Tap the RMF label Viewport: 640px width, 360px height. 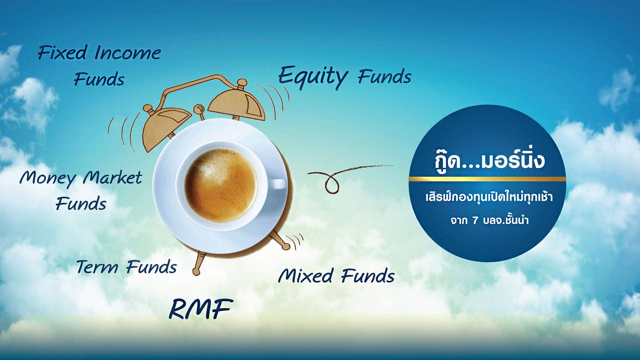pos(201,309)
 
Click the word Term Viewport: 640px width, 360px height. pos(97,267)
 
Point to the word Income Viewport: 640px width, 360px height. pos(128,53)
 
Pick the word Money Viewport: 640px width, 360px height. pos(48,178)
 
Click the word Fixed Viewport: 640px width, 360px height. pos(62,52)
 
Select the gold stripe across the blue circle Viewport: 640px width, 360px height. pos(487,179)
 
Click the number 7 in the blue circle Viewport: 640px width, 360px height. pos(475,220)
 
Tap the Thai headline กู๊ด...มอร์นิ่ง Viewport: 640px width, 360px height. pos(489,160)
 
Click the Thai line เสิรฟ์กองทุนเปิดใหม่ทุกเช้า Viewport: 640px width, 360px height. pos(489,197)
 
